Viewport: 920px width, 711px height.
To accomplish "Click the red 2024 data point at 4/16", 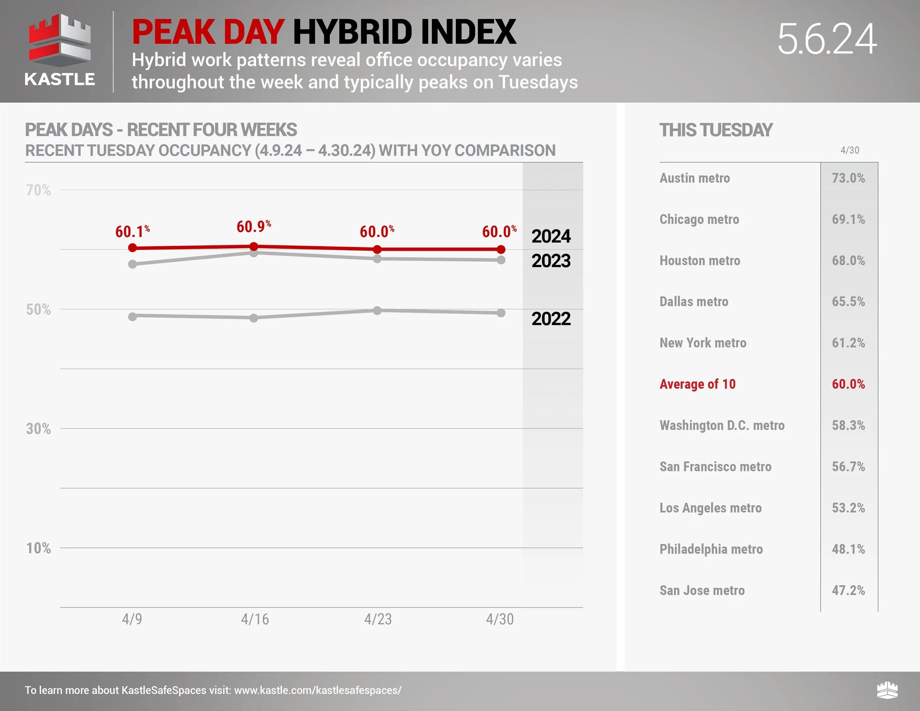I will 253,247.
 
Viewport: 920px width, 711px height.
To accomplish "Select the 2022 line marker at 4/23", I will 377,311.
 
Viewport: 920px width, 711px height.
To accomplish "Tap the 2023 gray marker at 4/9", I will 132,264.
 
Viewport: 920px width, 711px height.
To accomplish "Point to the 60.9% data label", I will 253,227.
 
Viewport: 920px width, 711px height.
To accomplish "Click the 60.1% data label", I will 132,231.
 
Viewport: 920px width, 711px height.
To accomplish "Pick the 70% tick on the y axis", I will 38,190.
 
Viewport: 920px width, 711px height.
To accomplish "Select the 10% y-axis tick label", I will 38,548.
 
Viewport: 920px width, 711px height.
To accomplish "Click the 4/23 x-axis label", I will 378,619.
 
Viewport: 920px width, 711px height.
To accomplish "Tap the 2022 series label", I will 551,319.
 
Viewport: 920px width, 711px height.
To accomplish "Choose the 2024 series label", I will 551,236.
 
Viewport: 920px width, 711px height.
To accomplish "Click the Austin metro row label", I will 695,178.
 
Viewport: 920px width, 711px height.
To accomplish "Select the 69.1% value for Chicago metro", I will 848,219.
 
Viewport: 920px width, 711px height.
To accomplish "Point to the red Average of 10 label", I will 697,384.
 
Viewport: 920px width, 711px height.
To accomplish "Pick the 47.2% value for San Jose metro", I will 848,590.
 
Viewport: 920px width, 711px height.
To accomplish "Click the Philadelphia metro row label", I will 711,549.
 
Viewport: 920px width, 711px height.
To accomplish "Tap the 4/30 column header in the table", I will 850,150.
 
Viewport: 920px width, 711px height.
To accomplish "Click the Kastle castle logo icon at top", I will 60,40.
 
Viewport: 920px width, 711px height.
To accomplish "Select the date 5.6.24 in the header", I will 827,39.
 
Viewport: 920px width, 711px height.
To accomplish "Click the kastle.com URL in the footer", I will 318,690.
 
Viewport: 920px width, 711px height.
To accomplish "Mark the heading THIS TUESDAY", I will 716,130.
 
